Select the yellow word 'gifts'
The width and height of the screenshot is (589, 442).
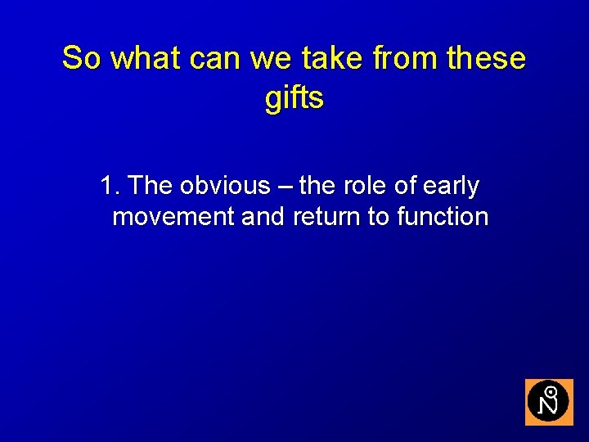pyautogui.click(x=294, y=98)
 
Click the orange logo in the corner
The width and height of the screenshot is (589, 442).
pyautogui.click(x=548, y=402)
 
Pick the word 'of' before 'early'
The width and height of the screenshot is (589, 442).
pyautogui.click(x=405, y=187)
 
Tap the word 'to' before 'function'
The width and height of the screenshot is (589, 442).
pyautogui.click(x=380, y=218)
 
